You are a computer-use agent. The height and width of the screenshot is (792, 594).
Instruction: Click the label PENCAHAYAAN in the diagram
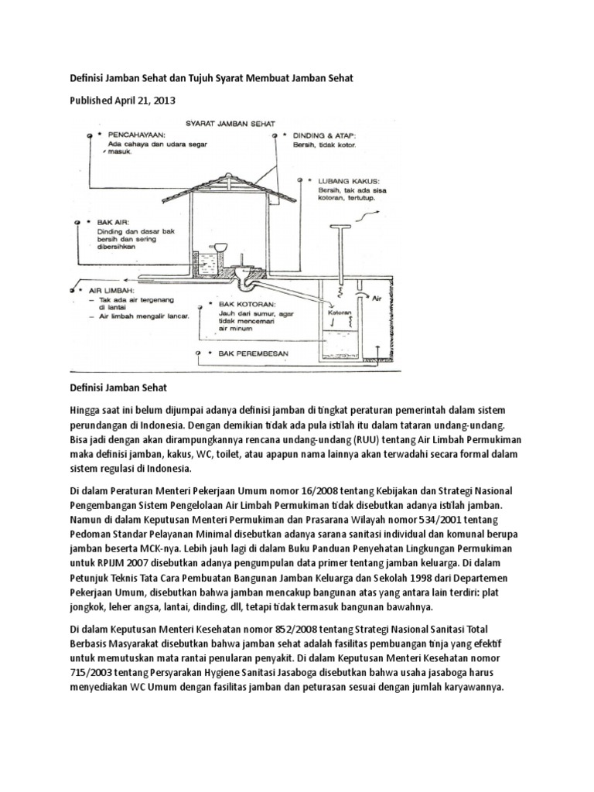coord(132,133)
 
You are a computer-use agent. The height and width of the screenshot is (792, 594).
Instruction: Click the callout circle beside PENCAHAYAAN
coord(91,134)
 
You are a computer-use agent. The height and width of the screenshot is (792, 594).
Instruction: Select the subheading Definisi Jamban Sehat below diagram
coord(118,386)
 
